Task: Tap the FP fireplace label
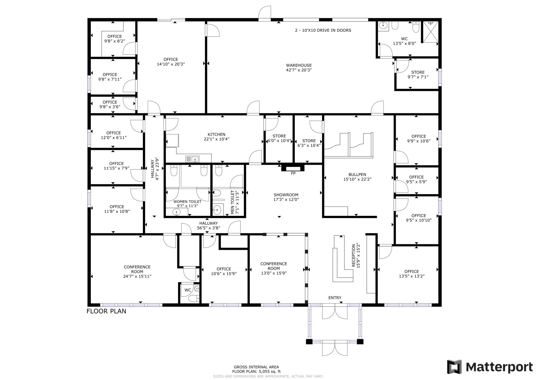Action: tap(293, 174)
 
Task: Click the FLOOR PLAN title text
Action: tap(106, 311)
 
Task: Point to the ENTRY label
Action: tap(335, 298)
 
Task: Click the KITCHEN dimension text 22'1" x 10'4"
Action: tap(217, 139)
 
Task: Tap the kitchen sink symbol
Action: tap(192, 159)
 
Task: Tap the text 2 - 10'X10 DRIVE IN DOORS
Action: tap(323, 30)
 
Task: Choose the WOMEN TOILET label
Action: tap(187, 202)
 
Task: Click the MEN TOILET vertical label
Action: tap(232, 202)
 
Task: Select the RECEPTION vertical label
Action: tap(353, 256)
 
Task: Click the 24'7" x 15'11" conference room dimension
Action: tap(137, 276)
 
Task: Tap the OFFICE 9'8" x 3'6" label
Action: tap(110, 104)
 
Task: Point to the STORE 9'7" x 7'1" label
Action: tap(418, 74)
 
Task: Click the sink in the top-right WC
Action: tap(383, 26)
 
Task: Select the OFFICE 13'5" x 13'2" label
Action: tap(412, 274)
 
